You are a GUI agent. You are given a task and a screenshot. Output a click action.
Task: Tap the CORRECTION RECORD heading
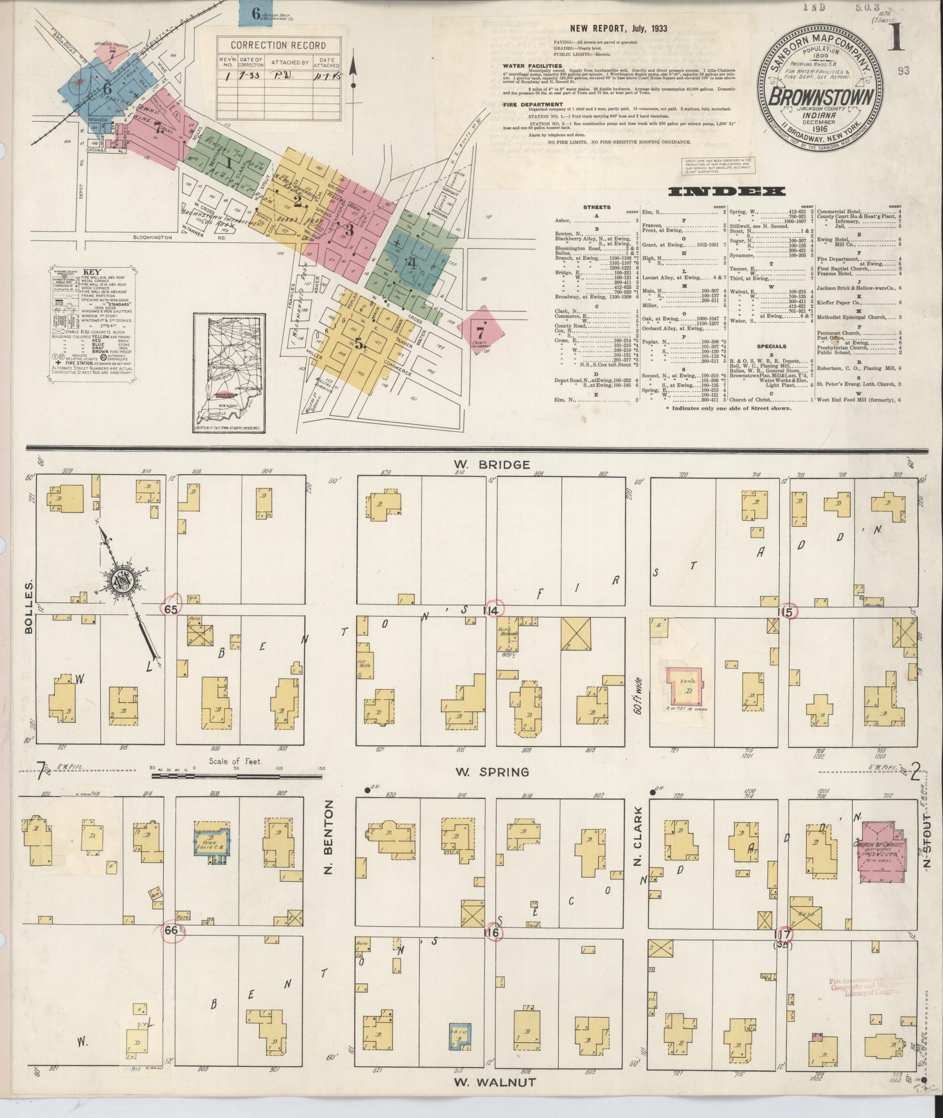click(x=279, y=46)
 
